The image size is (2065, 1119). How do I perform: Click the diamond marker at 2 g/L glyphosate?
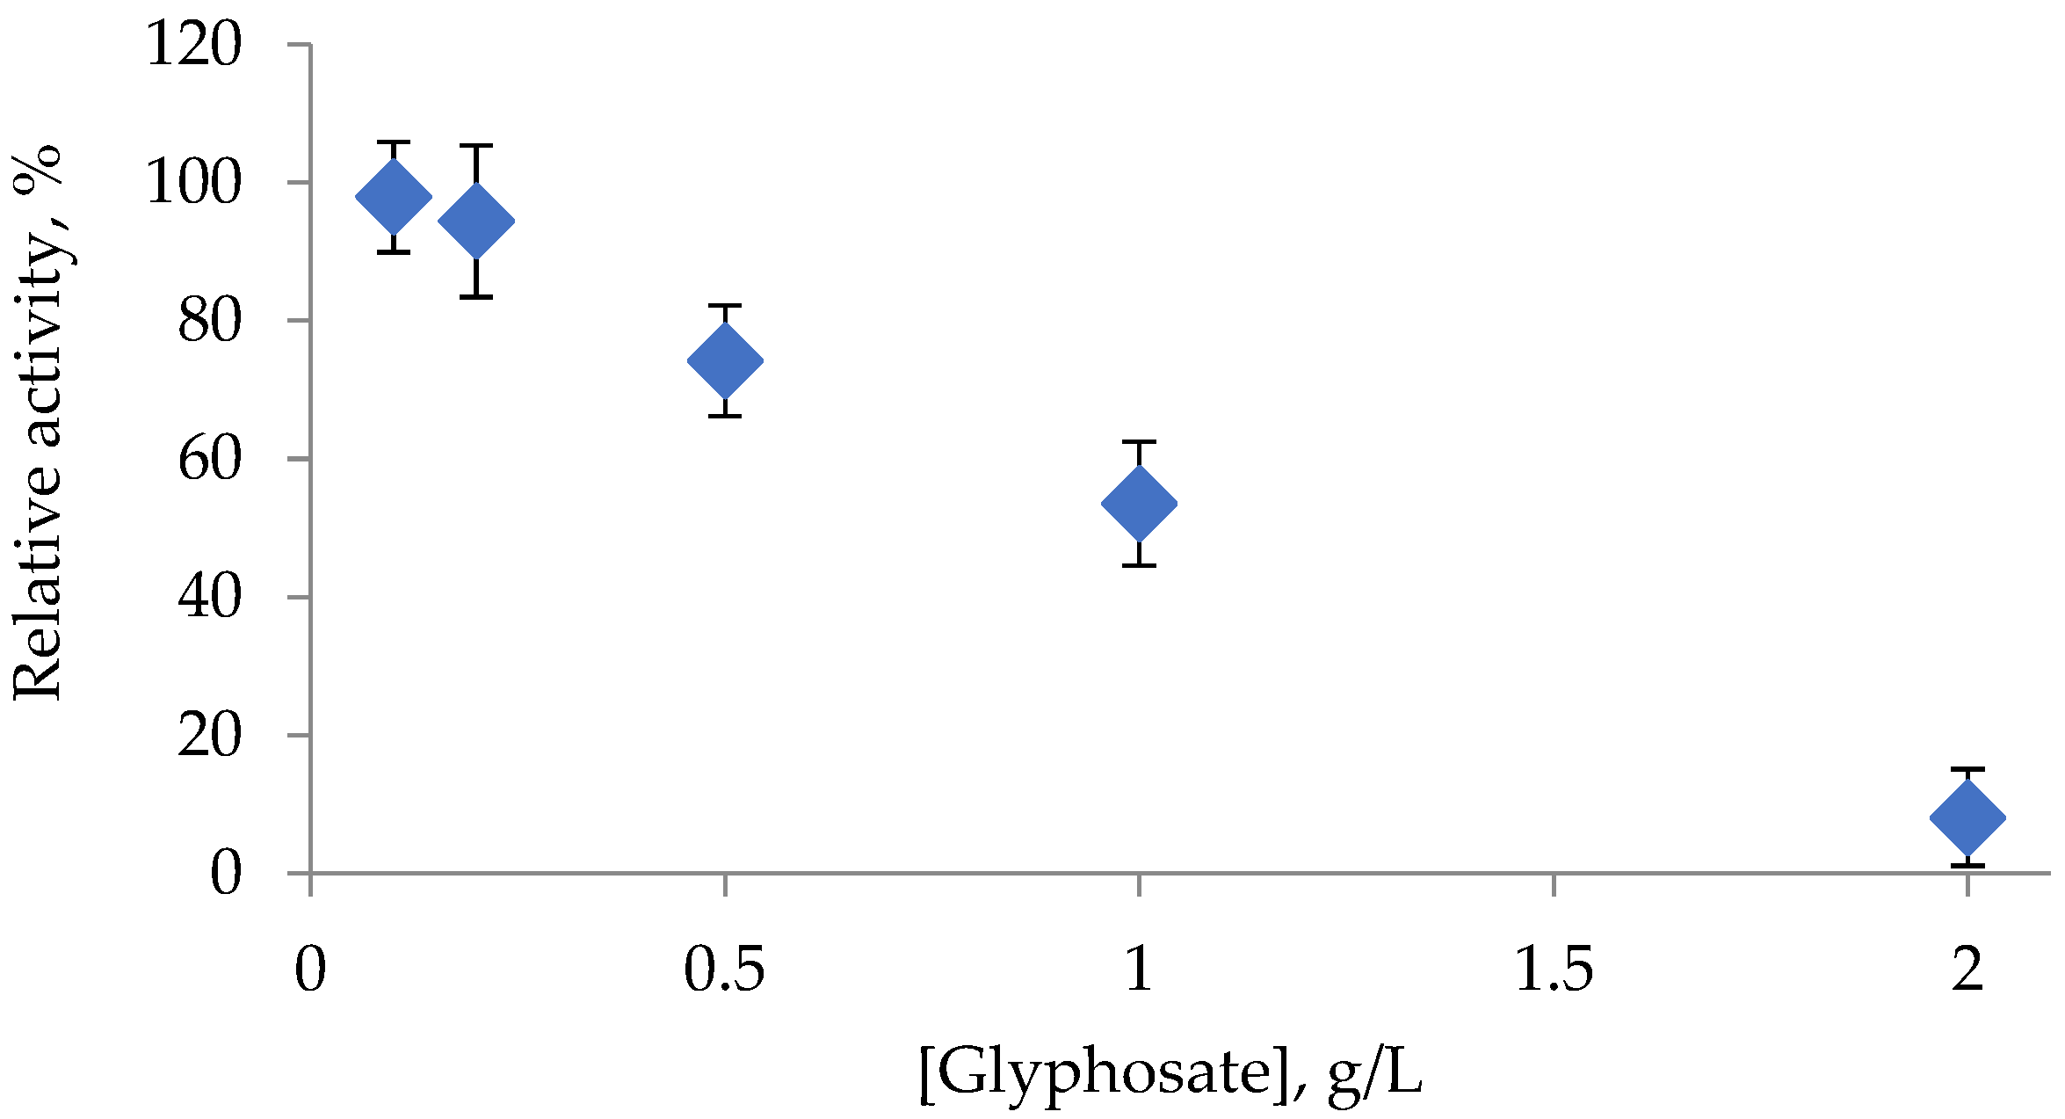tap(1967, 817)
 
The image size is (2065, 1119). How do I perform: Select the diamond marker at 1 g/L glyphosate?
tap(1139, 503)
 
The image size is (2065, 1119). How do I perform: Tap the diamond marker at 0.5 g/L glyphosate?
tap(725, 360)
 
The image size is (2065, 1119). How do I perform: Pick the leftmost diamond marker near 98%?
tap(394, 197)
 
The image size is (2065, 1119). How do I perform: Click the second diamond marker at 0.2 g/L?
tap(476, 220)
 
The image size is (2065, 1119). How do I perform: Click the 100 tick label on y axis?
tap(193, 183)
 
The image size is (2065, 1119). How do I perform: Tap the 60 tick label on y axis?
tap(209, 459)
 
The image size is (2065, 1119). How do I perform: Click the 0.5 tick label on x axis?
tap(725, 970)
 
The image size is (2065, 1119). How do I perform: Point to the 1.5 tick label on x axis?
tap(1554, 970)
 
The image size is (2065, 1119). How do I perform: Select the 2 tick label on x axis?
tap(1967, 970)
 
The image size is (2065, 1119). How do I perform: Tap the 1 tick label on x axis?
tap(1139, 970)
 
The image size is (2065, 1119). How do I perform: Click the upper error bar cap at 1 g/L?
tap(1139, 441)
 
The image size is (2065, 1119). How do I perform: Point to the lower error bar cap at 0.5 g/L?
tap(725, 416)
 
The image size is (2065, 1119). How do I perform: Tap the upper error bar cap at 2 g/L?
tap(1967, 769)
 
